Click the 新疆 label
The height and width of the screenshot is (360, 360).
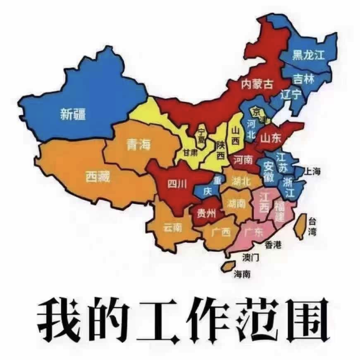tap(73, 114)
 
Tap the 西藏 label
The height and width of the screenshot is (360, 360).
tap(98, 176)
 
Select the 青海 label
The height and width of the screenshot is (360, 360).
tap(138, 144)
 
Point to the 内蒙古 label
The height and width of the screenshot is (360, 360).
tap(257, 84)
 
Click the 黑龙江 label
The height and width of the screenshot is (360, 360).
tap(309, 55)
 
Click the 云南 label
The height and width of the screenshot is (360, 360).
tap(172, 227)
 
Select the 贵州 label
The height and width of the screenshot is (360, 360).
tap(206, 214)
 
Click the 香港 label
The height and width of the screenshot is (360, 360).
tap(273, 245)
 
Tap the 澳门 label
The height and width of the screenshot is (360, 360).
tap(251, 257)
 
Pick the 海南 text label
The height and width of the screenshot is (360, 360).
tap(242, 274)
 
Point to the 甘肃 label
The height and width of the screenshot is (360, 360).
tap(190, 153)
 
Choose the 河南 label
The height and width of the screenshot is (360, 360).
tap(243, 160)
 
